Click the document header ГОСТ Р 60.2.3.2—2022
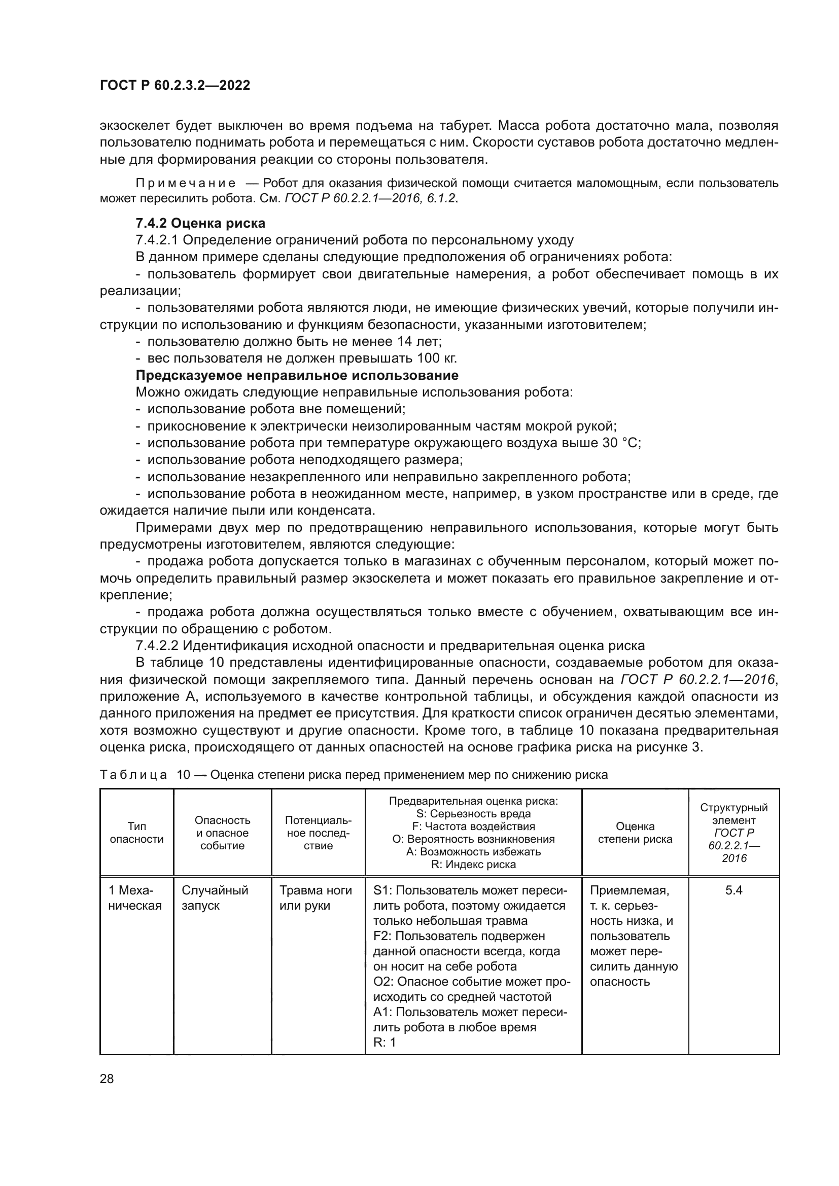click(174, 85)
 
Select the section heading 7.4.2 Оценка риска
click(200, 223)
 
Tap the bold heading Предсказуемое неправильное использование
click(297, 375)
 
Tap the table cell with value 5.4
click(733, 890)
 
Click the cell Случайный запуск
click(215, 898)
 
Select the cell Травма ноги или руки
click(315, 898)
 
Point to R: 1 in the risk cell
click(384, 1043)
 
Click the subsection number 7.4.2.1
click(157, 240)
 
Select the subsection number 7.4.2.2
click(157, 645)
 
